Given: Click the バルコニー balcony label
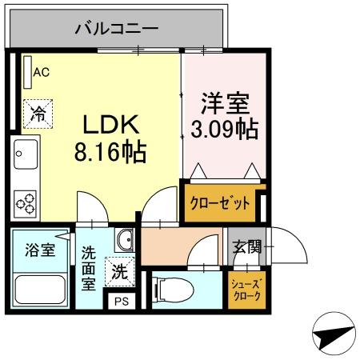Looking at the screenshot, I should tap(116, 30).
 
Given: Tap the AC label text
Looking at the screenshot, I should tap(41, 72).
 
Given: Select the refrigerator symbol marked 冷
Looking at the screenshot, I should tap(37, 112).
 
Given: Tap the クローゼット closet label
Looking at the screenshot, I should tap(219, 202).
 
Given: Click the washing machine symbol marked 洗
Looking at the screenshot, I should tap(118, 271).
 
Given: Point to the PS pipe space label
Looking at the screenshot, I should tap(122, 302).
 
